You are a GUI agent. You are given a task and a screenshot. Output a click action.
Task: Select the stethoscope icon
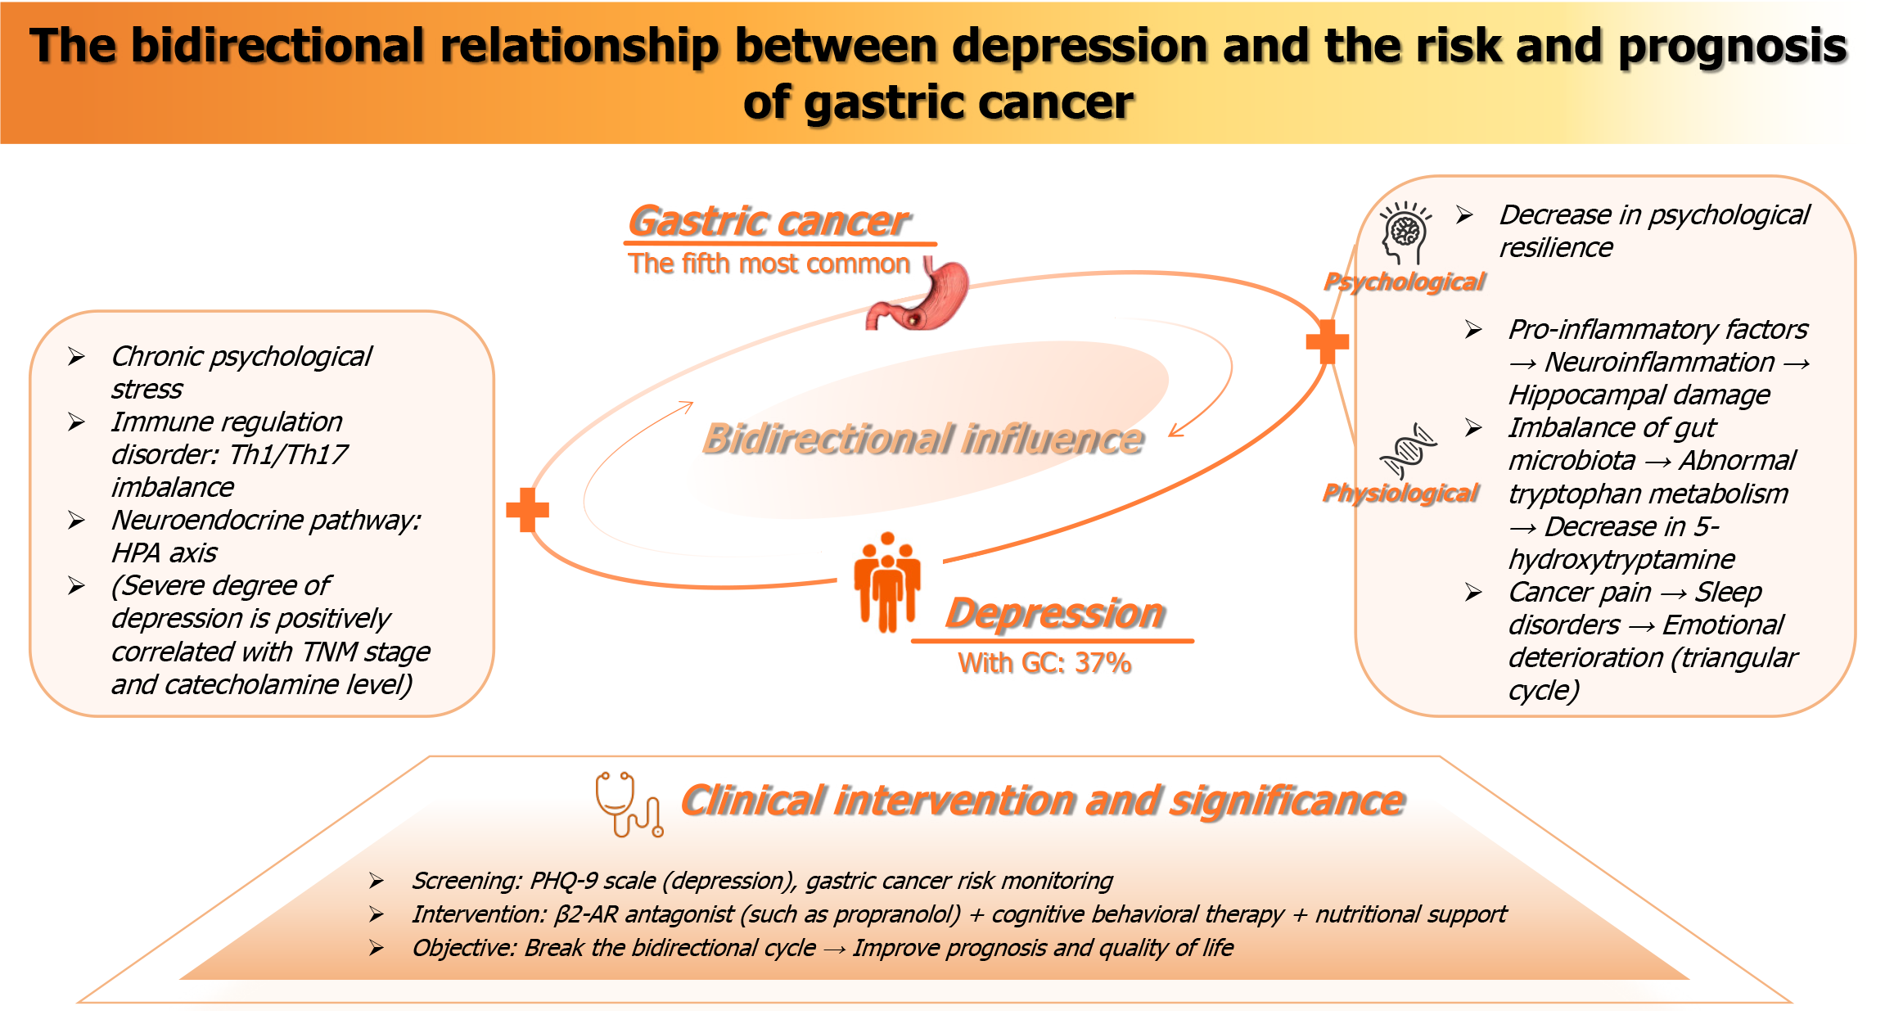pos(628,804)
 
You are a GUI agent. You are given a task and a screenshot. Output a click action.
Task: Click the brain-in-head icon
pos(1405,233)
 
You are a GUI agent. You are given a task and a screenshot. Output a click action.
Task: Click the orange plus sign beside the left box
pos(527,510)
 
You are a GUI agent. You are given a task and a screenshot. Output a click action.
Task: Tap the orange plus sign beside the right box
pos(1327,341)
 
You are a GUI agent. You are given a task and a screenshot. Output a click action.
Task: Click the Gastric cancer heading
pos(769,221)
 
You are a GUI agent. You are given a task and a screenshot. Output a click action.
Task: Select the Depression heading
pos(1054,613)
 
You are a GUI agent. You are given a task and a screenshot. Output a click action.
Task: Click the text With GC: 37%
pos(1044,662)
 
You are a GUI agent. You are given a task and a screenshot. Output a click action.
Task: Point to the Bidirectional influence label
pos(922,439)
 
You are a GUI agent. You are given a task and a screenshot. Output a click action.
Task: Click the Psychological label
pos(1404,282)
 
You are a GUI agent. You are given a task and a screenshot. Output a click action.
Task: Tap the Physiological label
pos(1400,493)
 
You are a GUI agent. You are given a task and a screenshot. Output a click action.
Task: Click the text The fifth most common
pos(769,264)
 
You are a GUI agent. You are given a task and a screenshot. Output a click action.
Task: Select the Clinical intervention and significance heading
pos(1042,801)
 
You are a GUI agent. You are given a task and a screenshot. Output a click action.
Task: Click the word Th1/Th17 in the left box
pos(288,454)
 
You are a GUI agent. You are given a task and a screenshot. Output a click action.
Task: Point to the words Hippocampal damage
pos(1639,395)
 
